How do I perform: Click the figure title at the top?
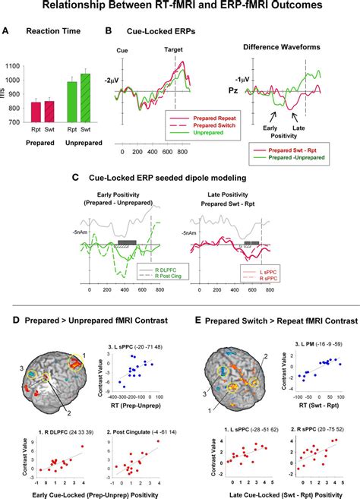click(180, 7)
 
